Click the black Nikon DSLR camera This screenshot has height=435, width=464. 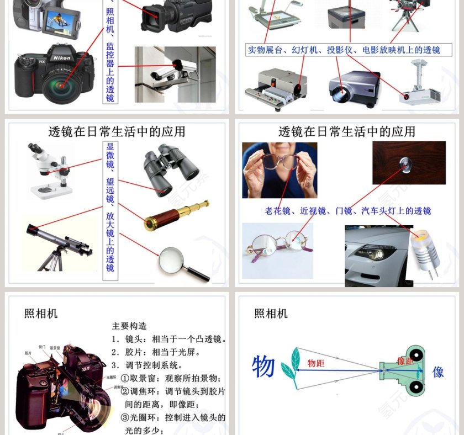pyautogui.click(x=55, y=75)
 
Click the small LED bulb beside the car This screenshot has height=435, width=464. pyautogui.click(x=425, y=252)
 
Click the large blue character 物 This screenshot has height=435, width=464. pyautogui.click(x=263, y=367)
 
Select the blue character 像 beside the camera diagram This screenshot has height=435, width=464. pyautogui.click(x=438, y=372)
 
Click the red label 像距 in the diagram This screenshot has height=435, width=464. pyautogui.click(x=405, y=361)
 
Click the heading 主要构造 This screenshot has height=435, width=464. pyautogui.click(x=129, y=326)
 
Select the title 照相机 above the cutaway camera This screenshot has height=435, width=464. pyautogui.click(x=41, y=314)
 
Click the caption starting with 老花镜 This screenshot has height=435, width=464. pyautogui.click(x=347, y=211)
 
